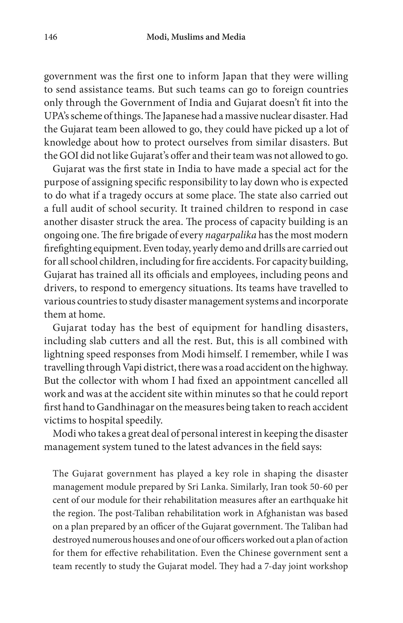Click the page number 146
[50, 37]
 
